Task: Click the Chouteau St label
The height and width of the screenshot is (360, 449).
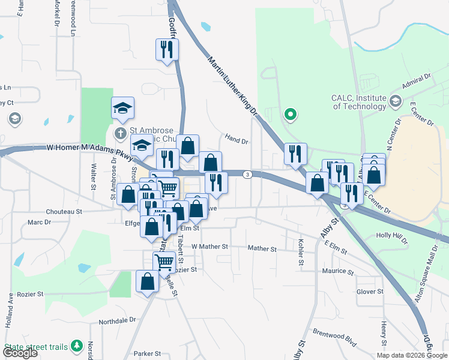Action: [x=64, y=212]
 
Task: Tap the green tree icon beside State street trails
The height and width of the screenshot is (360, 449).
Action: [x=77, y=346]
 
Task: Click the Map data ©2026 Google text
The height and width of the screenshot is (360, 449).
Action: [x=412, y=355]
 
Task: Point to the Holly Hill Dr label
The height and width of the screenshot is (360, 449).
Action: [x=391, y=236]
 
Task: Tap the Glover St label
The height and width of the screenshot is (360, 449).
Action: [x=369, y=292]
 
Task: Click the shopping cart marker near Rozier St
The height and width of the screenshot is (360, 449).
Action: [x=164, y=262]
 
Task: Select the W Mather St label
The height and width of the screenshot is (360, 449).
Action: [x=210, y=247]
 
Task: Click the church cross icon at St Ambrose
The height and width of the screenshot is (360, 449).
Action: [x=120, y=132]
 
